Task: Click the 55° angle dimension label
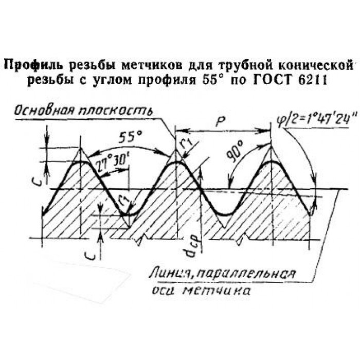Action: coord(130,137)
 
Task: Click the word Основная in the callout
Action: coord(44,111)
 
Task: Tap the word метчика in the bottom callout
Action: coord(217,290)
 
